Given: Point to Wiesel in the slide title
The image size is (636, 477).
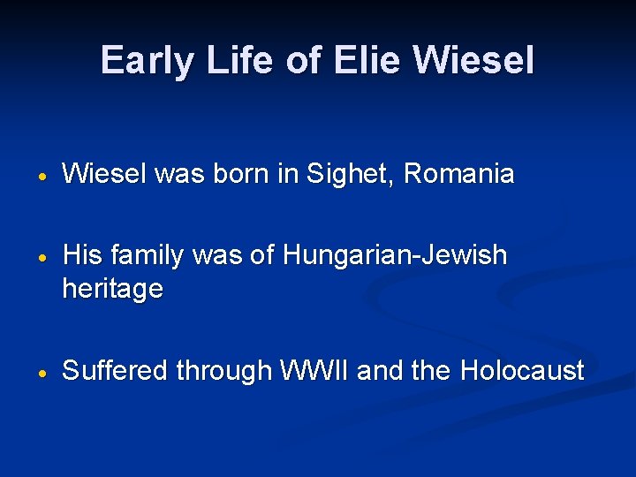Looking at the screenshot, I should pyautogui.click(x=474, y=60).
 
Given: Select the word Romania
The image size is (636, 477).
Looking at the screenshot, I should pyautogui.click(x=458, y=174).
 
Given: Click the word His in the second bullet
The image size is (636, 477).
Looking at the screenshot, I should pyautogui.click(x=83, y=255).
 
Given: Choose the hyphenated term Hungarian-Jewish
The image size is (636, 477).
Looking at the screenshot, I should pyautogui.click(x=395, y=255).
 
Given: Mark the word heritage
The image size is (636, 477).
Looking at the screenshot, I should pyautogui.click(x=112, y=289).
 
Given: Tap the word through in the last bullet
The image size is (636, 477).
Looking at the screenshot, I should pyautogui.click(x=223, y=371).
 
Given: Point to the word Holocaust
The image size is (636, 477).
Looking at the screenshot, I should pyautogui.click(x=521, y=370).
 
